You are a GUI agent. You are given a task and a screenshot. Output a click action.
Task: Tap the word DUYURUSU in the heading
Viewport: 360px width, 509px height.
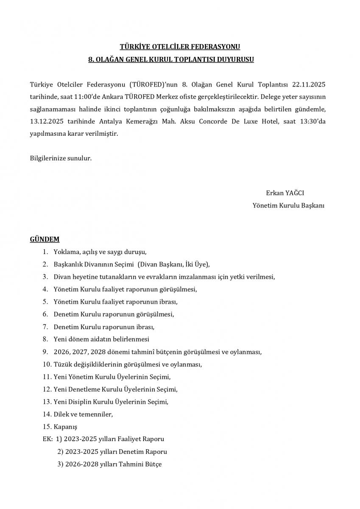click(x=235, y=60)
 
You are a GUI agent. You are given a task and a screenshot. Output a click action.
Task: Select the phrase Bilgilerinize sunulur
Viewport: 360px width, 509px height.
click(x=61, y=158)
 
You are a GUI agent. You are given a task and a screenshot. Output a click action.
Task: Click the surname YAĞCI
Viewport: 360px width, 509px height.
click(x=295, y=193)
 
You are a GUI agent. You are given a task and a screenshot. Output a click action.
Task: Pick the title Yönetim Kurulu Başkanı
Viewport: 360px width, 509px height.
click(x=288, y=205)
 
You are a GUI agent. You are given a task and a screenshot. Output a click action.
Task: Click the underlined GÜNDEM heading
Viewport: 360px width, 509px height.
click(x=45, y=239)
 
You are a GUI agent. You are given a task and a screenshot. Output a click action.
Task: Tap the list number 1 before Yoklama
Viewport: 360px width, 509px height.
click(x=45, y=252)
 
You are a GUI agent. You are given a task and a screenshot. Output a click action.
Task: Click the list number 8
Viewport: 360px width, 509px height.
click(x=45, y=339)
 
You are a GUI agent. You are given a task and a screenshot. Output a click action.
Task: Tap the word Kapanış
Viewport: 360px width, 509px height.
click(x=66, y=427)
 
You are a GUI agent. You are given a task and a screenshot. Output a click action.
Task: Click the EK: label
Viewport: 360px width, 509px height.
click(x=47, y=439)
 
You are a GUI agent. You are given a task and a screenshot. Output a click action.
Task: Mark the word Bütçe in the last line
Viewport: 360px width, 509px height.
click(x=153, y=464)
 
